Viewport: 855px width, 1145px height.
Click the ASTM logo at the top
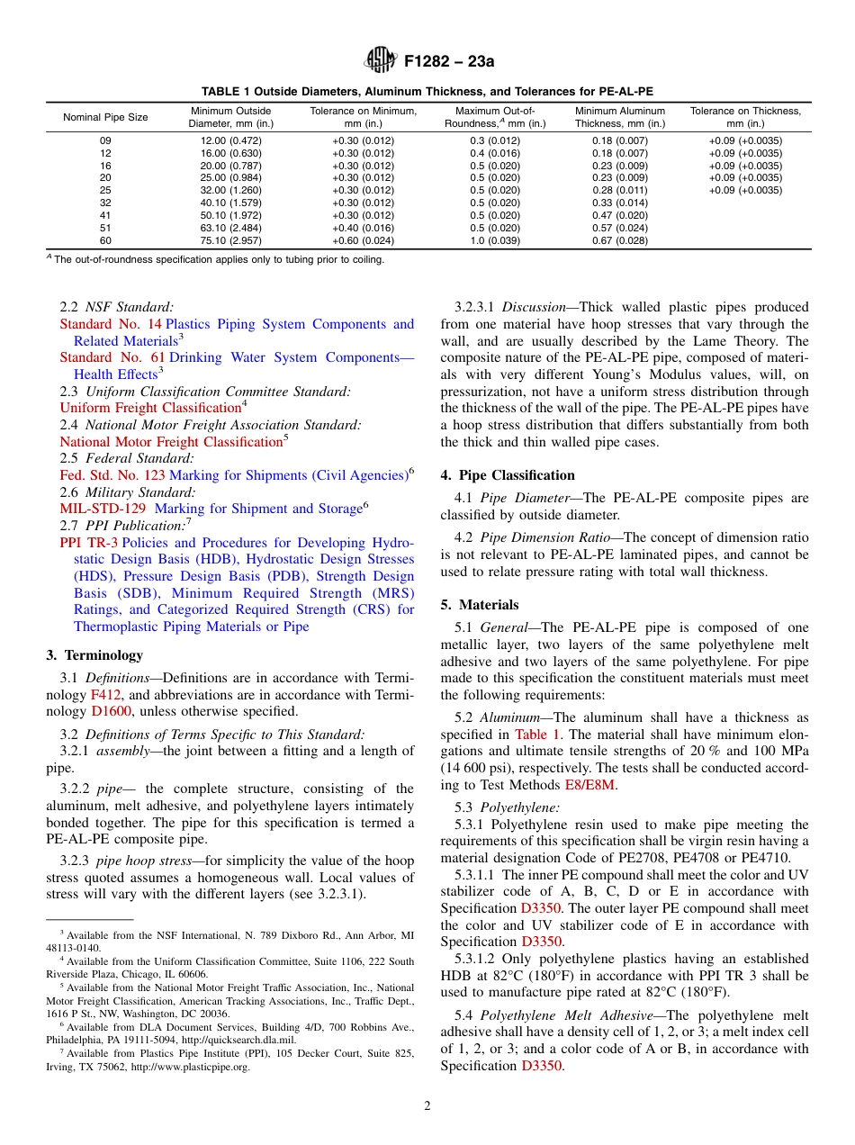tap(380, 61)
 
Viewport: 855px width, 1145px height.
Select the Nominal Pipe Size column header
tap(105, 118)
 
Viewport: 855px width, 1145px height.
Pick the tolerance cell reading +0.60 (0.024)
tap(363, 241)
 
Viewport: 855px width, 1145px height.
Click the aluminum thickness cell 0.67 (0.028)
tap(620, 241)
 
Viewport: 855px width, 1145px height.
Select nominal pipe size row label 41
tap(105, 216)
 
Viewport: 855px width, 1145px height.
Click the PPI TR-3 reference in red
tap(88, 543)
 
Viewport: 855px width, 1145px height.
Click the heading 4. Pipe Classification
tap(507, 475)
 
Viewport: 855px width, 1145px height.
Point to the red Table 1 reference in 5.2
tap(536, 735)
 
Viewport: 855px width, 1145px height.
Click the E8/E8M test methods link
tap(590, 785)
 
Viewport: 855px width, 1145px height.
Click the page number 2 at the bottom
tap(427, 1106)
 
